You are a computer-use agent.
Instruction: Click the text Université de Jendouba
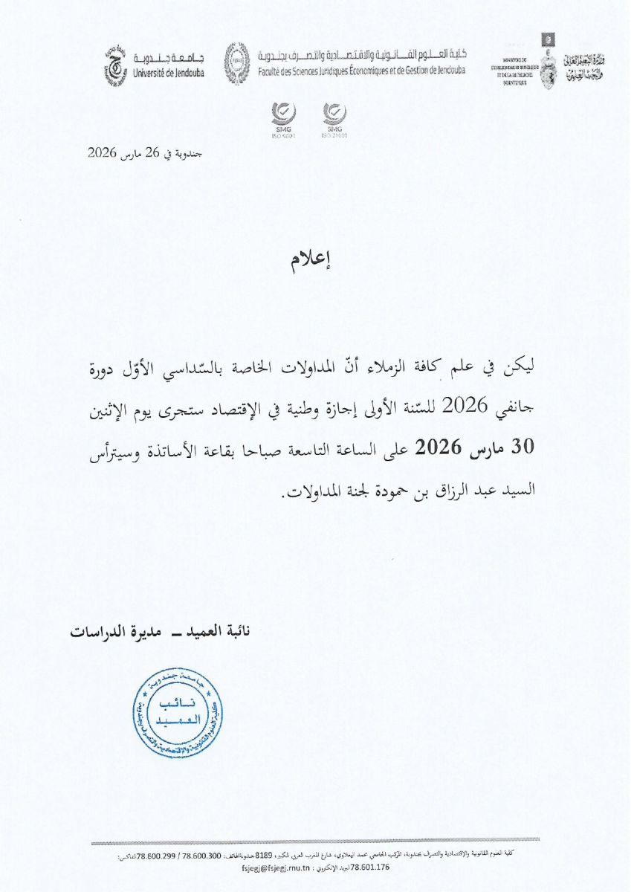coord(169,73)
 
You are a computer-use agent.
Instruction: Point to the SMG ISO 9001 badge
coord(285,120)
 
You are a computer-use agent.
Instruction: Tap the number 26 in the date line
coord(153,154)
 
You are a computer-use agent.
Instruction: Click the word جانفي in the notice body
coord(528,405)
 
